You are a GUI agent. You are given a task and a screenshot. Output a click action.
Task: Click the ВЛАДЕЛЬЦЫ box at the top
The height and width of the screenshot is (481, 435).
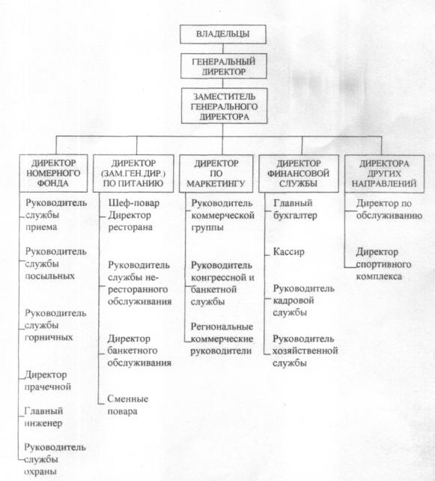click(x=223, y=34)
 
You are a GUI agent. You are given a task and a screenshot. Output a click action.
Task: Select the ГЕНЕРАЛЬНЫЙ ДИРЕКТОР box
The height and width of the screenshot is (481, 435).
click(x=223, y=66)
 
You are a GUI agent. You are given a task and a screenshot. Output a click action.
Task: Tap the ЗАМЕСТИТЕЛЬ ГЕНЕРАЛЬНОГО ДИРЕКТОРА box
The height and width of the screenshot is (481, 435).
click(x=224, y=106)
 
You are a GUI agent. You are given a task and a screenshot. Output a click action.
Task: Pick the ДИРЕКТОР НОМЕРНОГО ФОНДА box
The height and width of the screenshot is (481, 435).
click(x=53, y=173)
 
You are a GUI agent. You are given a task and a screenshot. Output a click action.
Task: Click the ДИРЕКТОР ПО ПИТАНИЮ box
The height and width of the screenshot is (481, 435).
click(x=133, y=173)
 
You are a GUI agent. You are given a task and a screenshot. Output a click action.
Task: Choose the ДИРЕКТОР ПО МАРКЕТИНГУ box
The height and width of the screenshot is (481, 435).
click(x=216, y=173)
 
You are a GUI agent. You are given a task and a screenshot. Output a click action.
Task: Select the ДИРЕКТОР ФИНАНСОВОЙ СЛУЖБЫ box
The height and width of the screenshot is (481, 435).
click(x=299, y=174)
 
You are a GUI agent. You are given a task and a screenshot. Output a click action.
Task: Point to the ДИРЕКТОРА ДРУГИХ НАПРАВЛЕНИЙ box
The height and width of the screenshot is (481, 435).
click(x=384, y=174)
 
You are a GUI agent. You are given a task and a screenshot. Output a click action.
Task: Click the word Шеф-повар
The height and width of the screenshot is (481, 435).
click(x=134, y=203)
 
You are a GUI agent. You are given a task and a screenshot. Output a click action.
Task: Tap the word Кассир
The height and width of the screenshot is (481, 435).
click(x=289, y=252)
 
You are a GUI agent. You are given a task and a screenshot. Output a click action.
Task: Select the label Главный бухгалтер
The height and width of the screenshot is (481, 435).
click(x=295, y=209)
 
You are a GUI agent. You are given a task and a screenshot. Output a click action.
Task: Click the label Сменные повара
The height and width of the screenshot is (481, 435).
click(x=127, y=405)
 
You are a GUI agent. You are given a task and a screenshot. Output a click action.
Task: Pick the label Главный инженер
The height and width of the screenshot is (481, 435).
click(x=43, y=417)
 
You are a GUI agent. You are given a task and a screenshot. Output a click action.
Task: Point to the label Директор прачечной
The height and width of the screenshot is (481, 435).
click(x=47, y=381)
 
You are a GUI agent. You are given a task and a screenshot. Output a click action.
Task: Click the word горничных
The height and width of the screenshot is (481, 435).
click(x=49, y=338)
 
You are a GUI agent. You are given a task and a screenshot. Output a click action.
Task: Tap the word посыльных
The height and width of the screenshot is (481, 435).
click(x=49, y=276)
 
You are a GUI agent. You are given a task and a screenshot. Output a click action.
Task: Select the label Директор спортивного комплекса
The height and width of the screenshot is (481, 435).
click(x=383, y=264)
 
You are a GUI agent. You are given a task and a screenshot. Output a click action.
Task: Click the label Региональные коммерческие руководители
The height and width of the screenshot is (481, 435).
click(x=222, y=339)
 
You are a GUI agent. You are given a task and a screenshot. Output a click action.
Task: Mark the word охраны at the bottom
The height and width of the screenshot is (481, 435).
click(x=40, y=471)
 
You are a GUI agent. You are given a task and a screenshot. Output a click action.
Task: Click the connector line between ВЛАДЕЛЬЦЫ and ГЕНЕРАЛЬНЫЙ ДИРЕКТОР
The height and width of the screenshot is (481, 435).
click(x=223, y=49)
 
